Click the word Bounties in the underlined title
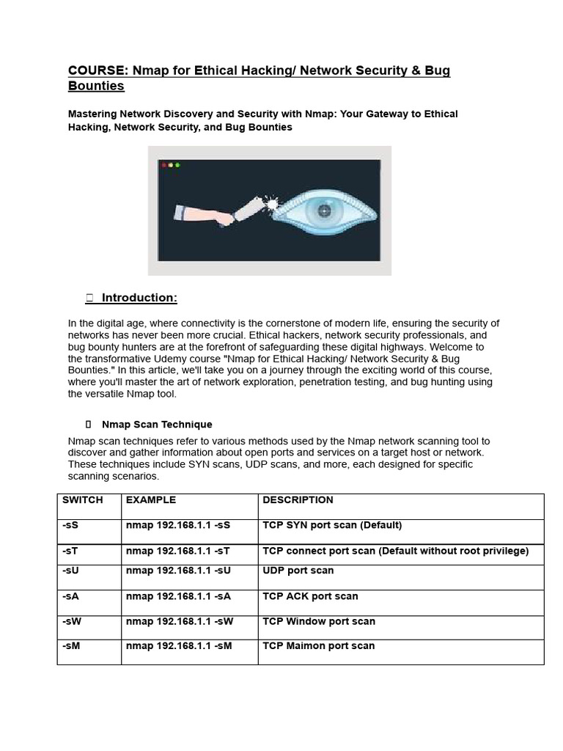pyautogui.click(x=96, y=87)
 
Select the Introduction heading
pyautogui.click(x=139, y=298)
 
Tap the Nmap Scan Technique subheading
pyautogui.click(x=157, y=425)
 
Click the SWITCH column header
pyautogui.click(x=83, y=500)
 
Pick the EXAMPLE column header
pyautogui.click(x=151, y=500)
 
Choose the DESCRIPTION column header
pyautogui.click(x=298, y=500)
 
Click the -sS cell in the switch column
pyautogui.click(x=70, y=526)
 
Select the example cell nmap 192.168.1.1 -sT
pyautogui.click(x=178, y=551)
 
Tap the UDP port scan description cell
pyautogui.click(x=298, y=571)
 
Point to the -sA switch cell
pyautogui.click(x=71, y=596)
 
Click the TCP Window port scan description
pyautogui.click(x=318, y=621)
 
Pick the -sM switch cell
pyautogui.click(x=72, y=646)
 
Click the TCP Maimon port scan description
pyautogui.click(x=318, y=646)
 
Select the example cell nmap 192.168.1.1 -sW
pyautogui.click(x=180, y=621)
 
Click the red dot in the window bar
pyautogui.click(x=164, y=165)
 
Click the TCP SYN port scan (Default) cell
pyautogui.click(x=332, y=526)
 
